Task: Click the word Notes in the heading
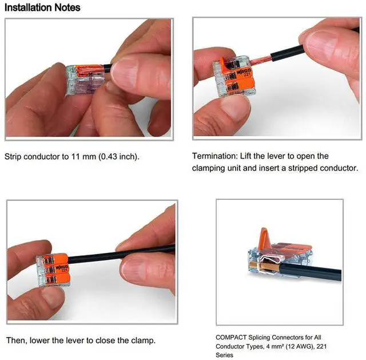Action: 67,7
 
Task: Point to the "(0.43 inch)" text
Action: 118,156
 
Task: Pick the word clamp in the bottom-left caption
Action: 144,341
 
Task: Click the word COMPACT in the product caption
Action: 231,337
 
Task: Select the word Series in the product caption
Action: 224,355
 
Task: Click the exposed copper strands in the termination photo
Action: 261,60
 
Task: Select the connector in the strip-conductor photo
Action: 86,80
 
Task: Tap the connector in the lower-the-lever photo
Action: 53,270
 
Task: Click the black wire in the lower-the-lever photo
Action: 121,254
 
